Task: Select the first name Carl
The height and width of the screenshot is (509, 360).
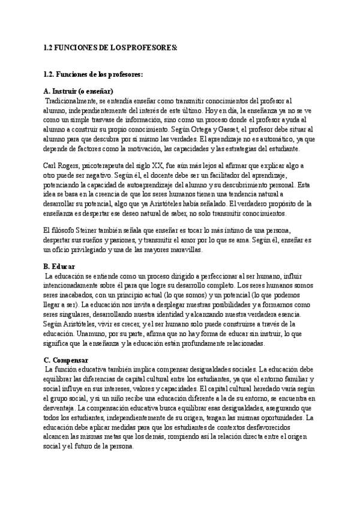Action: [x=51, y=164]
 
